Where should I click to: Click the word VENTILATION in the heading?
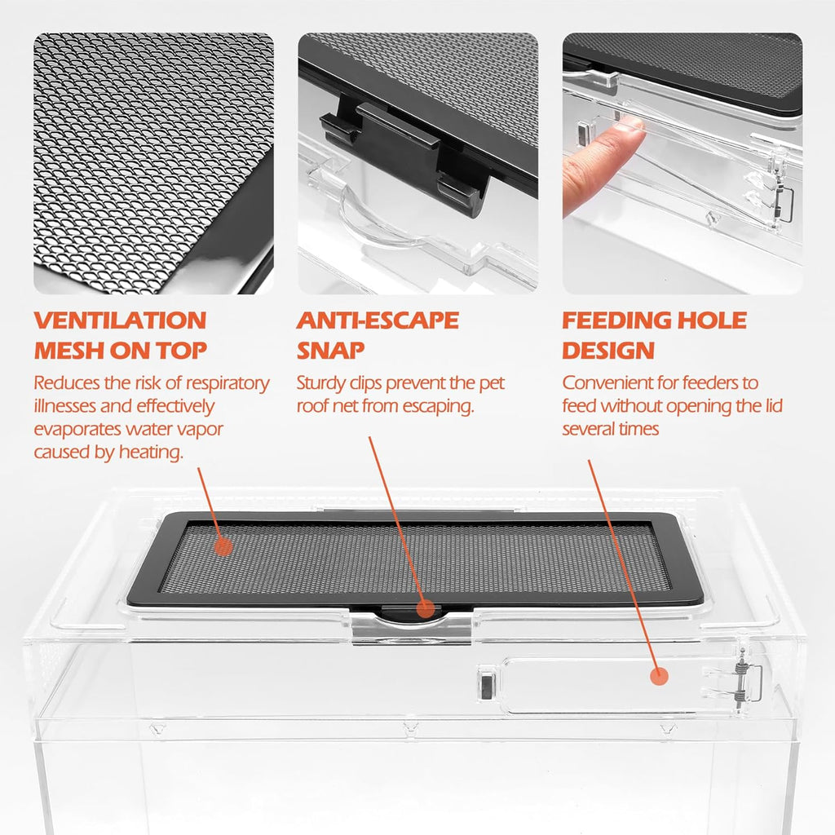coord(121,320)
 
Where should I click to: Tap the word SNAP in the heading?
coord(331,351)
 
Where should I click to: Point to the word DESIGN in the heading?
coord(608,351)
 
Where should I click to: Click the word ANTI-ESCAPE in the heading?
coord(378,320)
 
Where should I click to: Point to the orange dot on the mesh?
coord(223,547)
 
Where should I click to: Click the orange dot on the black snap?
coord(425,608)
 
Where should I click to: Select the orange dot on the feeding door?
coord(659,676)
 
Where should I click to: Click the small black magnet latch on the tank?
coord(487,683)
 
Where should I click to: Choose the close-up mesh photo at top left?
coord(154,163)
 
